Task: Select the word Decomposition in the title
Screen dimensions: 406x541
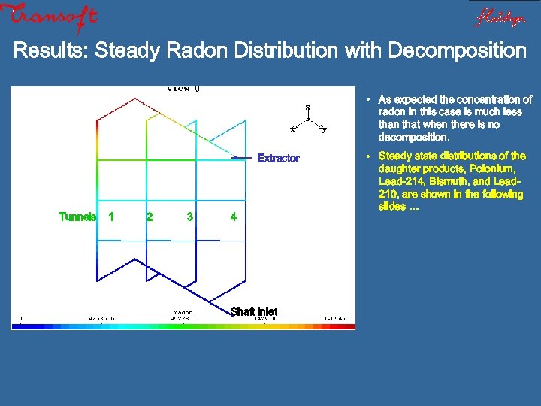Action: tap(457, 51)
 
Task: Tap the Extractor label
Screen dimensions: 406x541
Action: tap(278, 158)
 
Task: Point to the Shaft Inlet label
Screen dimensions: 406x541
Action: tap(253, 311)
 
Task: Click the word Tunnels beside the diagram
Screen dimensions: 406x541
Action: tap(77, 217)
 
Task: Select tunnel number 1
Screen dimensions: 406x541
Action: tap(111, 217)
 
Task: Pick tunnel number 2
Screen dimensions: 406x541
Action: tap(150, 217)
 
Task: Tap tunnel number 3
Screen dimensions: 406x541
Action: tap(190, 217)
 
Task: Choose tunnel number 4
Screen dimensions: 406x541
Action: tap(233, 217)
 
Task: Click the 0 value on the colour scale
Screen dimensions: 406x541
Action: tap(22, 318)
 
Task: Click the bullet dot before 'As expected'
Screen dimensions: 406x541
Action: tap(369, 100)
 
